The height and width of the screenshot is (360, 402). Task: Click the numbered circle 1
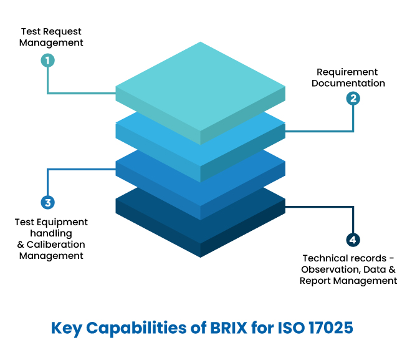47,61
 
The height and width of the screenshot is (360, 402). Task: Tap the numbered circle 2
353,98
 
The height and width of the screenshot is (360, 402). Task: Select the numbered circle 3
47,202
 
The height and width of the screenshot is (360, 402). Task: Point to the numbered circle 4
353,240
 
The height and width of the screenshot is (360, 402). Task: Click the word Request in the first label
62,31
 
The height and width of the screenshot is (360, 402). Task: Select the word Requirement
347,72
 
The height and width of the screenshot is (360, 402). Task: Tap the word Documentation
348,83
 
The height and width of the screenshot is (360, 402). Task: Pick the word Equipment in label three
63,222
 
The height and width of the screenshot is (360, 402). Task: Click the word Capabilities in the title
130,328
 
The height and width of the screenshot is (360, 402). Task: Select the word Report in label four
315,281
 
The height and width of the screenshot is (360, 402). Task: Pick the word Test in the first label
31,31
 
